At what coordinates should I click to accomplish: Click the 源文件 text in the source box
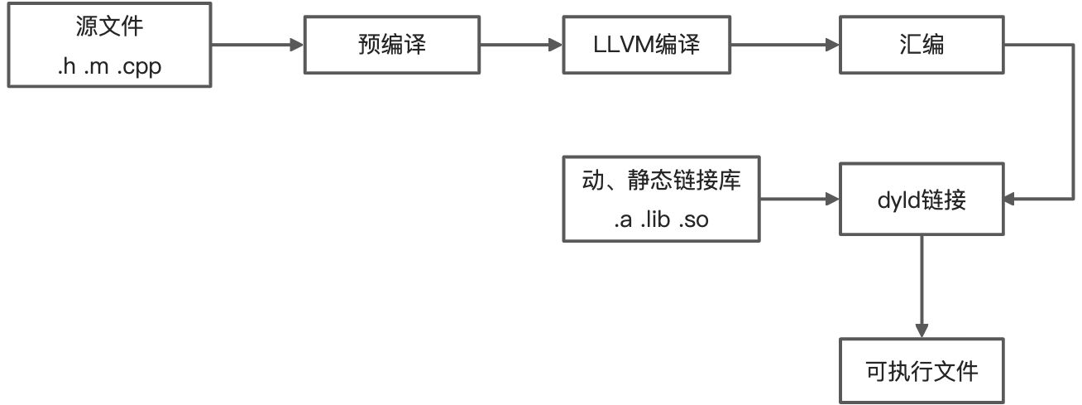[108, 27]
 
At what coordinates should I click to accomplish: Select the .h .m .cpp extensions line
[108, 66]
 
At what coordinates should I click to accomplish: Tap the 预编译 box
[387, 46]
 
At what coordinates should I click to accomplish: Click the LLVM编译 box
[646, 46]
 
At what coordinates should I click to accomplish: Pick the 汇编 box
[922, 46]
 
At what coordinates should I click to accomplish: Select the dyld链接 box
[922, 200]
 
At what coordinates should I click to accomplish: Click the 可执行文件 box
[922, 370]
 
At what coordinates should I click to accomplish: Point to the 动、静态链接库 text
[660, 181]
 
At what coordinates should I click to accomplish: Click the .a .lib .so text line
[660, 220]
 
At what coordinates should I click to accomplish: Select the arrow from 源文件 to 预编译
[252, 46]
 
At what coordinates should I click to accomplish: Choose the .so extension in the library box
[692, 220]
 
